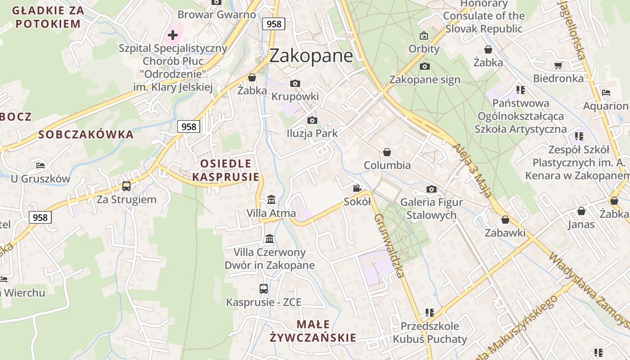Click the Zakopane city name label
coord(311,56)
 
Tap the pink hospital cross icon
coord(173,35)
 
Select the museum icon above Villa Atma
coord(271,199)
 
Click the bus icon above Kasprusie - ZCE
coord(264,289)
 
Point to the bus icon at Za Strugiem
coord(126,186)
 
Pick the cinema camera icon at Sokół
coord(357,188)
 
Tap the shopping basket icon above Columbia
coord(387,152)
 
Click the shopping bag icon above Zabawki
coord(505,220)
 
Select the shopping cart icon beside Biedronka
coord(558,66)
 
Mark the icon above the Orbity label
coord(424,35)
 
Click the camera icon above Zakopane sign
coord(424,67)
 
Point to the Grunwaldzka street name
coord(389,245)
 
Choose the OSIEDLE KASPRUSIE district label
coord(226,170)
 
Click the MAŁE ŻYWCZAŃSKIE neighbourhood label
coord(313,331)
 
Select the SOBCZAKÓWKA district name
coord(86,134)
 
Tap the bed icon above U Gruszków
coord(40,166)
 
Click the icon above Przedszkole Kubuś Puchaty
coord(429,312)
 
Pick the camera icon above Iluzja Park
coord(312,120)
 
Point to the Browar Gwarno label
coord(217,14)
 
